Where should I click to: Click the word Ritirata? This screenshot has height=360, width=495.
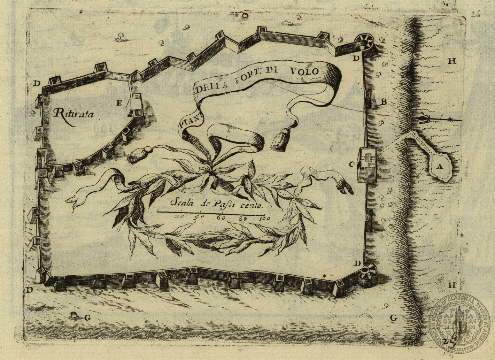(x=74, y=114)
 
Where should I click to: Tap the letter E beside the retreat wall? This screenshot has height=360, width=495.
(x=119, y=103)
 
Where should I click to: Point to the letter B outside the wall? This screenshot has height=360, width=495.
(x=384, y=102)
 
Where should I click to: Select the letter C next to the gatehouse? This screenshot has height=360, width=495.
(x=351, y=164)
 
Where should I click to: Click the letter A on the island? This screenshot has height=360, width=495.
(x=440, y=167)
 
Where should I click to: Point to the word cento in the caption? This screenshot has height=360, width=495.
(x=253, y=205)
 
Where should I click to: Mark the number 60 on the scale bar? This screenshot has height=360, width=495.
(x=222, y=218)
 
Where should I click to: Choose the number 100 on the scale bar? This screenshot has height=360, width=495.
(x=265, y=219)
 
